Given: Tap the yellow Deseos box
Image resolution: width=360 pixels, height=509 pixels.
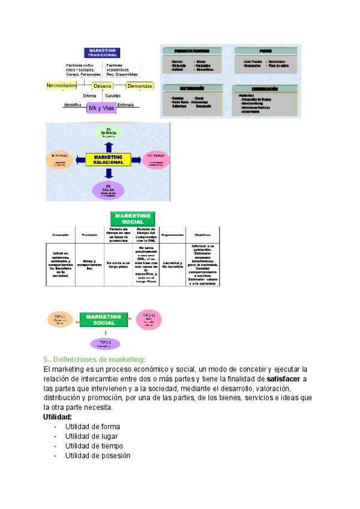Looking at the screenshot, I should (103, 86).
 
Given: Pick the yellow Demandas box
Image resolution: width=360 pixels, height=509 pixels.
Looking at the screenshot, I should (140, 86).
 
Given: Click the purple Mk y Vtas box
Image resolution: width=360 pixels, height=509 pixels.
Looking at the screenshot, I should (101, 108).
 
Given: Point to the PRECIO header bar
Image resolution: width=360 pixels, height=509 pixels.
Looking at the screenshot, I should (265, 52).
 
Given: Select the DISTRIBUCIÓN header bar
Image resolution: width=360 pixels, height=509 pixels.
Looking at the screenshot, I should (192, 88).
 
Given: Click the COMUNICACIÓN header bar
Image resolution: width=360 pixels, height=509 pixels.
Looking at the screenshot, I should (265, 88).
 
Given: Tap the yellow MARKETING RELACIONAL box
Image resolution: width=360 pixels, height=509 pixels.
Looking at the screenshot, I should (109, 159).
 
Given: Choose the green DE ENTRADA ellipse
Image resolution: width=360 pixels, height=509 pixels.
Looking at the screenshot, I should (109, 133).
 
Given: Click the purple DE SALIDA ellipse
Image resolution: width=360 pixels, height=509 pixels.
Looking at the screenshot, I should (109, 190).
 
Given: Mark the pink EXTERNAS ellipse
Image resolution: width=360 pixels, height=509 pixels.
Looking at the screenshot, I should (156, 160).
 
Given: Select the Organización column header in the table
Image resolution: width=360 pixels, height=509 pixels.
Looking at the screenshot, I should (172, 235).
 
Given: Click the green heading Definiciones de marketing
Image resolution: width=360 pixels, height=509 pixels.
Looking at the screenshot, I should (95, 359).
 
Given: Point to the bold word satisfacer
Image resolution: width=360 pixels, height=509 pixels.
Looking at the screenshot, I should (283, 379).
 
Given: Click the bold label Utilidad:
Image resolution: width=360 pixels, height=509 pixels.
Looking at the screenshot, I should (58, 417).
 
